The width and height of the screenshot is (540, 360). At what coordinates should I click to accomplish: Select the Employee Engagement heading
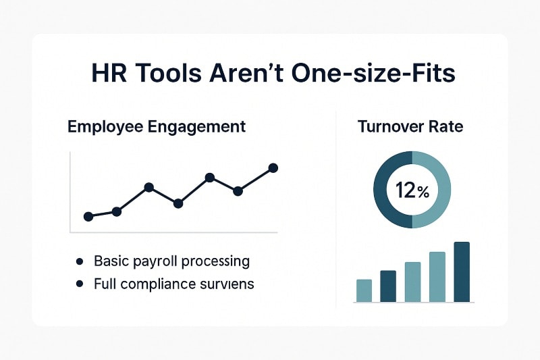tap(157, 126)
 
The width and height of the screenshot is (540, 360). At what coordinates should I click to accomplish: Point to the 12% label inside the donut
tap(412, 191)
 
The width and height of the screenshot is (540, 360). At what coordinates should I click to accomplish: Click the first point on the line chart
tap(88, 216)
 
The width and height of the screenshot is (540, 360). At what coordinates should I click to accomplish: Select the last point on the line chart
tap(273, 168)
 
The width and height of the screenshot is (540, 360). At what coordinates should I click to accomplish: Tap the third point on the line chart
tap(148, 187)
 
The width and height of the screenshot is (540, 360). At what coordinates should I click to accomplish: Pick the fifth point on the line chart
tap(209, 177)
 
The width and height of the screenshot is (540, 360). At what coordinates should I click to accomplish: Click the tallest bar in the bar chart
tap(462, 272)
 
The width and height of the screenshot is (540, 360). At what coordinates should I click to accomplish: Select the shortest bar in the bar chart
tap(364, 290)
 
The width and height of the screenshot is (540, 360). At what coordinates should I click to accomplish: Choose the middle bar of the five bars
tap(412, 282)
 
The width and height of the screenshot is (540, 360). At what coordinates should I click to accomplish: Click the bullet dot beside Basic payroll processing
tap(80, 261)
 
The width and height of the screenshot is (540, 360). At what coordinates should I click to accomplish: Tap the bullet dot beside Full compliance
tap(80, 284)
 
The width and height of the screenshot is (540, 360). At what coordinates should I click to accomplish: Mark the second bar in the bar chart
tap(388, 286)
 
